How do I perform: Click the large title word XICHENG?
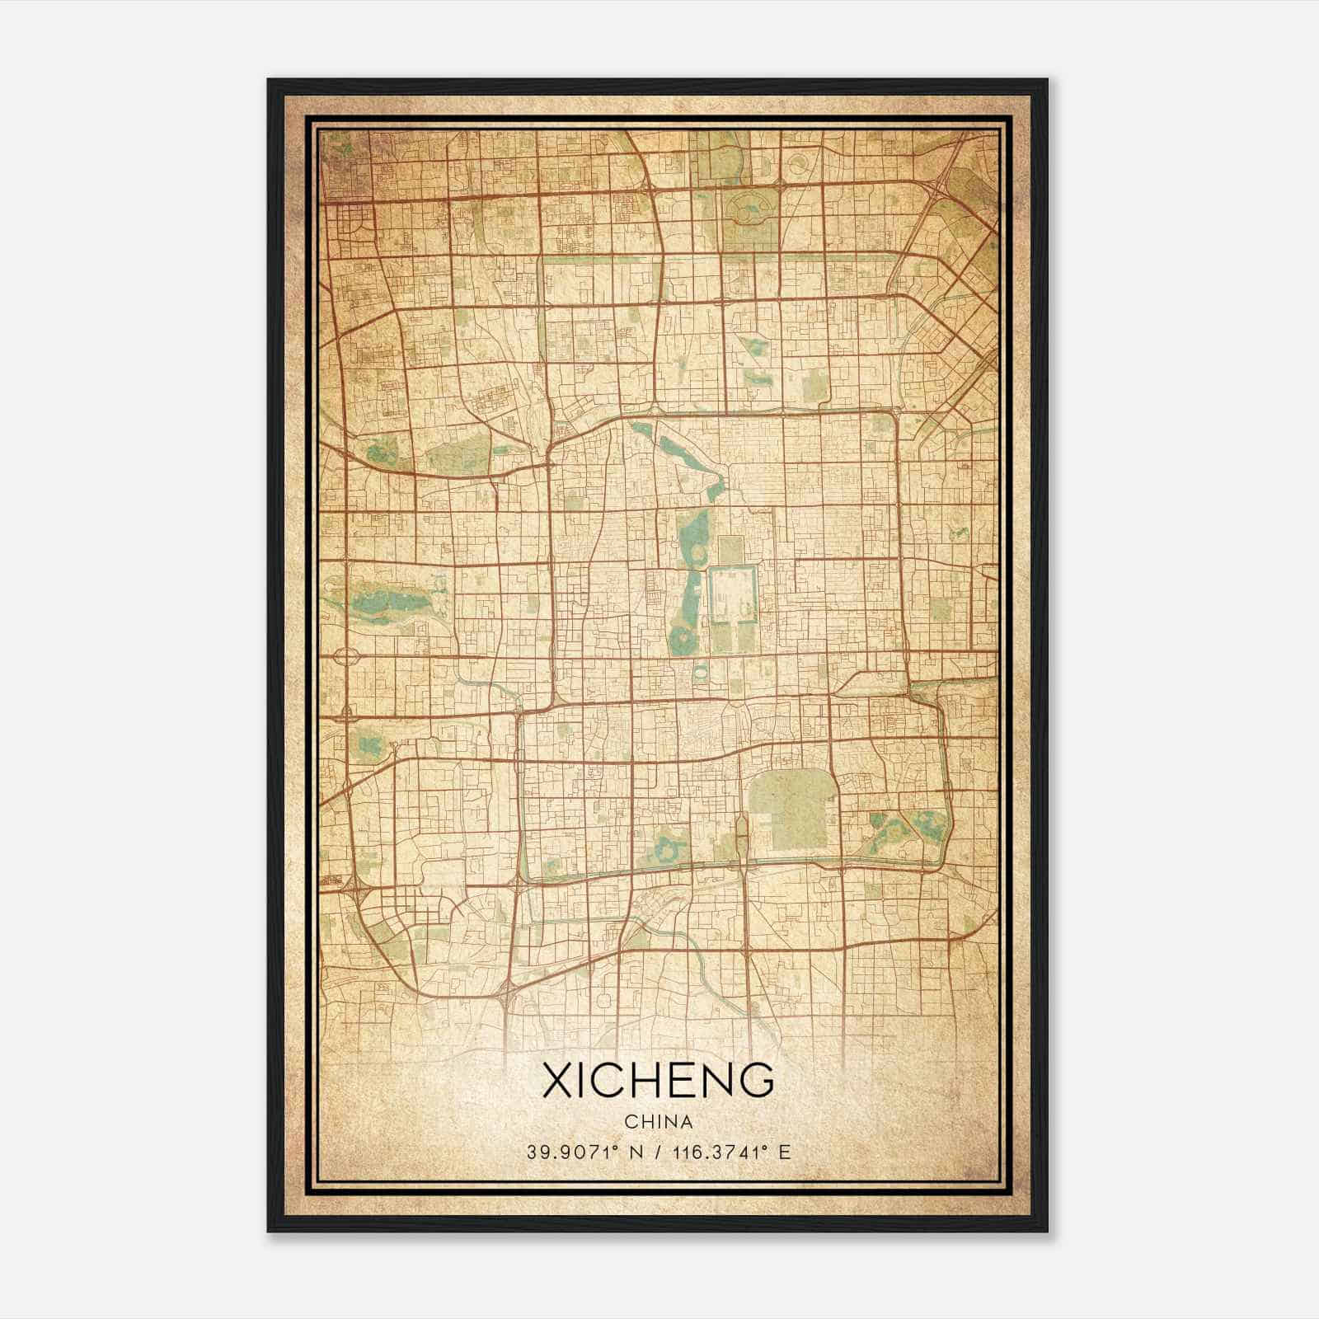coord(658,1081)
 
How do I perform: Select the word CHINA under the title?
coord(658,1121)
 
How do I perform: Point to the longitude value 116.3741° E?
coord(732,1152)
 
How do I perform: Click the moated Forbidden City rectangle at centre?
coord(733,595)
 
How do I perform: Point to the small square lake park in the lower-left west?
coord(368,746)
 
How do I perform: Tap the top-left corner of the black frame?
coord(269,80)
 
